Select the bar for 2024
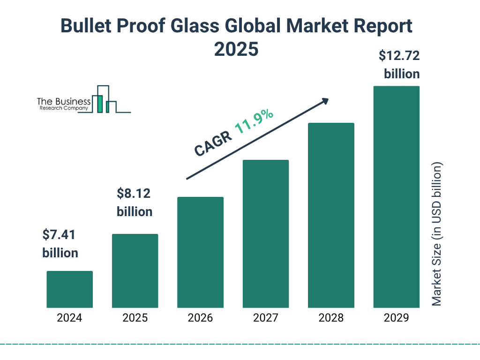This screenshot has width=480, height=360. click(x=69, y=289)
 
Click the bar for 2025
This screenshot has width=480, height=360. click(x=135, y=271)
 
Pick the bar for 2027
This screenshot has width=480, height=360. click(x=266, y=234)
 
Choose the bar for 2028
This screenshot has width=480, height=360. click(x=331, y=215)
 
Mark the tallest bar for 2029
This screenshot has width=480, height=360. click(x=396, y=197)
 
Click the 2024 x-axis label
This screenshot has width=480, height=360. click(x=69, y=318)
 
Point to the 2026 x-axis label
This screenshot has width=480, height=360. click(x=200, y=318)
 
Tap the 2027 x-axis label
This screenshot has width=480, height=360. click(x=266, y=318)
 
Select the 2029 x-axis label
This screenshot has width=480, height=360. click(x=396, y=318)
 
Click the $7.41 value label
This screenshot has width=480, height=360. click(x=60, y=235)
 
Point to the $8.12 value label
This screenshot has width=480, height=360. click(x=134, y=194)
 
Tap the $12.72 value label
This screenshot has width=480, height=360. click(x=399, y=56)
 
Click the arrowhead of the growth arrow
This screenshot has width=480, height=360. click(x=325, y=101)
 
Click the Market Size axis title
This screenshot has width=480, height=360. click(x=437, y=234)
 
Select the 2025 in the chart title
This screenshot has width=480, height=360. click(x=236, y=49)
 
